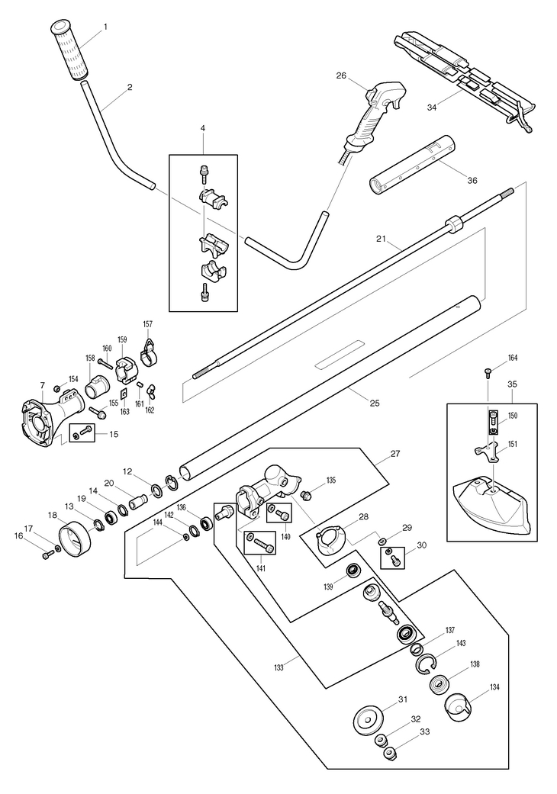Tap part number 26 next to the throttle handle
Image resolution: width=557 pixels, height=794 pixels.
pos(340,76)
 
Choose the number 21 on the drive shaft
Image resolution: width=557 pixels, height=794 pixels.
pos(381,239)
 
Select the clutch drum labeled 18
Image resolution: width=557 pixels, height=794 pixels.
pos(76,534)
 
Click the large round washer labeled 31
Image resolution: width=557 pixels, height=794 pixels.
pos(370,718)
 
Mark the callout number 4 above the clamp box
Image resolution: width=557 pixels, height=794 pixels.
pos(203,128)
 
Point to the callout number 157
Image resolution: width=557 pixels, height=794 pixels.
pos(148,324)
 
